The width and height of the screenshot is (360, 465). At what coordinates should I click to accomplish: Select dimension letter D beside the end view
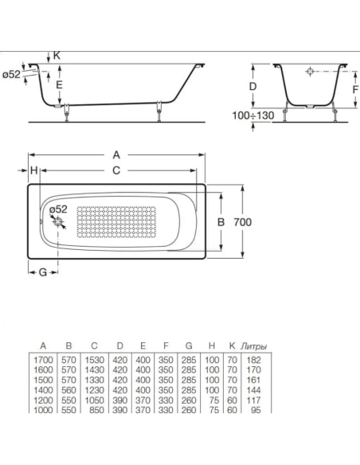point(252,85)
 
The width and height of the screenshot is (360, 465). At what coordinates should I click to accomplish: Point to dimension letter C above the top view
point(116,170)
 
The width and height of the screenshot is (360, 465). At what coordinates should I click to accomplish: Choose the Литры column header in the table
point(253,346)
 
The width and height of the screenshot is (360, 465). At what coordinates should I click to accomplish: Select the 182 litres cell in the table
point(256,361)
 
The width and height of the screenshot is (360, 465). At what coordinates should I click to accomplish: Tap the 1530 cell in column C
point(94,361)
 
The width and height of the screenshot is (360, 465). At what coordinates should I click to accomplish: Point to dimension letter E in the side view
point(59,84)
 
